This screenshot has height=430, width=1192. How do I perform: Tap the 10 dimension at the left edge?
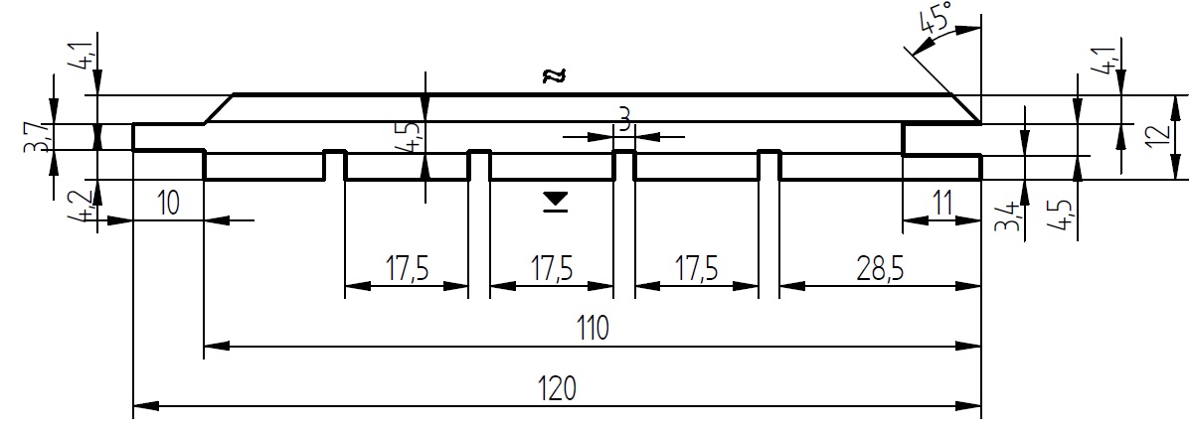(x=168, y=204)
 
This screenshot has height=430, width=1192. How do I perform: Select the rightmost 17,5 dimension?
(x=696, y=269)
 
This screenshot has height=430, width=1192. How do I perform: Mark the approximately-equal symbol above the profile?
(x=554, y=75)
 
